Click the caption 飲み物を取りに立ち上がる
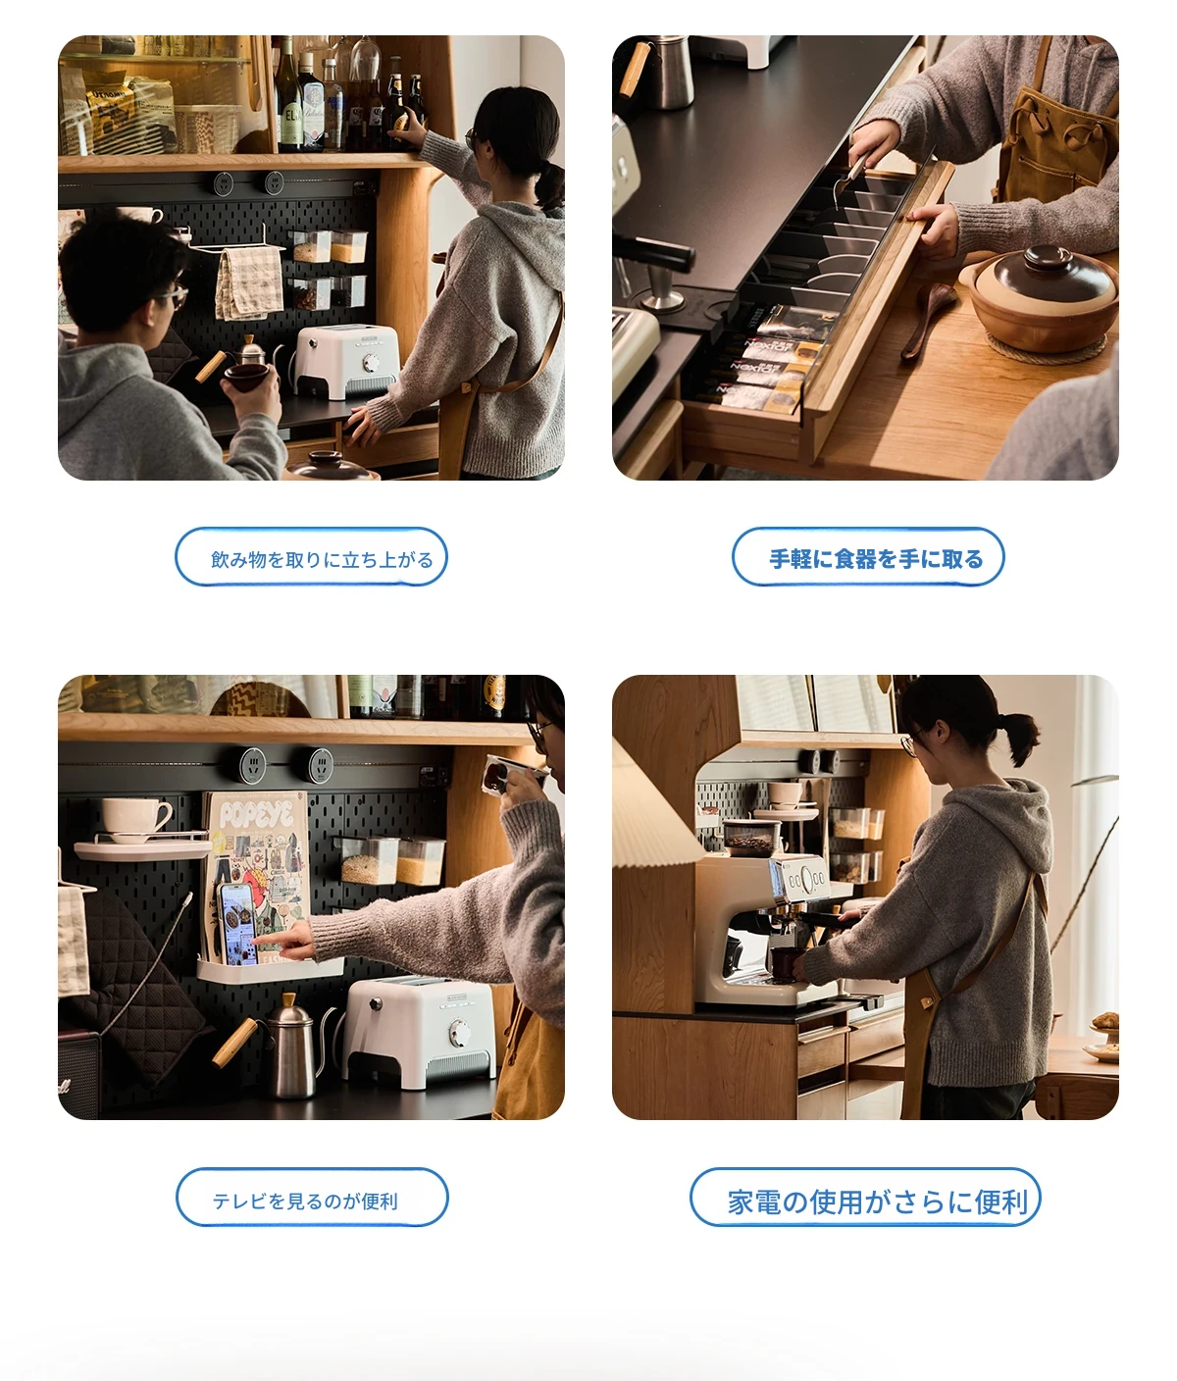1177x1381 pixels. point(322,559)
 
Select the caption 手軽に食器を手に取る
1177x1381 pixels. point(876,558)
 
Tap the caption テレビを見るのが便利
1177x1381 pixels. point(305,1202)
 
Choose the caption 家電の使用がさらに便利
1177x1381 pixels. point(877,1202)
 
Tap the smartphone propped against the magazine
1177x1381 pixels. point(237,924)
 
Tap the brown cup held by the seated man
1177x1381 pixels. point(246,376)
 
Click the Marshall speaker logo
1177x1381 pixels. point(65,1087)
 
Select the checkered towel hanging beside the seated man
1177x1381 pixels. point(249,281)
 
